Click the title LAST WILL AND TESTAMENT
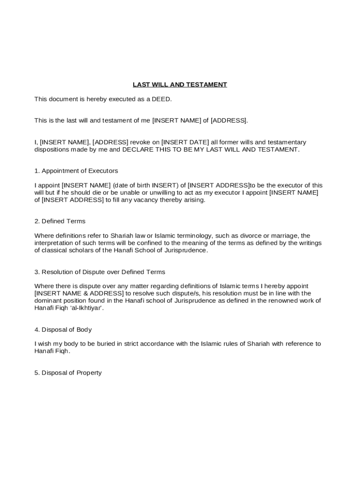180,85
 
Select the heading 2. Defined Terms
60,221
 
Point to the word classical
55,250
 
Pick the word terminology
193,236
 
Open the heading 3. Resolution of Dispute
100,272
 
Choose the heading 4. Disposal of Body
63,329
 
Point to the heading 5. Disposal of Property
68,373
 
